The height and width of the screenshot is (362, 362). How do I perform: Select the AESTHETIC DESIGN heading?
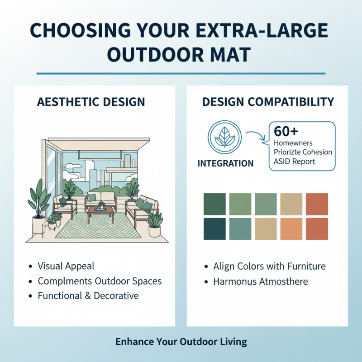[x=90, y=101]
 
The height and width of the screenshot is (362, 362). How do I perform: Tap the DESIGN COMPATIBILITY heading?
[x=268, y=101]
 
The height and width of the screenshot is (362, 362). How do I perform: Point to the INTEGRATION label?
[x=225, y=163]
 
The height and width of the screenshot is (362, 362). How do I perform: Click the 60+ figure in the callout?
[x=287, y=132]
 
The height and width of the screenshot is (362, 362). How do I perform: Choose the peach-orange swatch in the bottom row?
[x=291, y=229]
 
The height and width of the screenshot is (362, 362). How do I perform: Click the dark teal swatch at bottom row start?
[x=214, y=229]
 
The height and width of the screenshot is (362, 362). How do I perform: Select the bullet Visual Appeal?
[x=66, y=266]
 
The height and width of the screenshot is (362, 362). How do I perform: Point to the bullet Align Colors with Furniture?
[x=270, y=266]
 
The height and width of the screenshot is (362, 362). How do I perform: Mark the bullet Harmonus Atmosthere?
[x=261, y=281]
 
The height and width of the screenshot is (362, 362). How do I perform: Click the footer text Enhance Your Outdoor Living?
[x=181, y=341]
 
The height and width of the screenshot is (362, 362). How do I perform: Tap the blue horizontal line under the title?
[x=181, y=73]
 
